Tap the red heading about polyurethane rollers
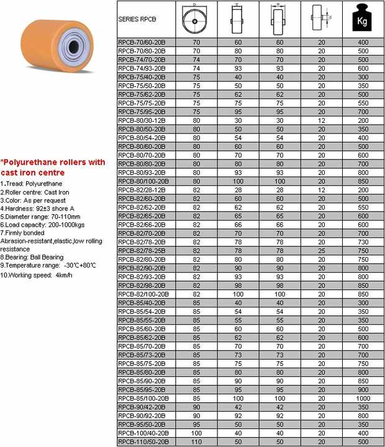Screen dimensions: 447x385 click(x=53, y=167)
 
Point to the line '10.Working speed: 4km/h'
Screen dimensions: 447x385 click(x=37, y=274)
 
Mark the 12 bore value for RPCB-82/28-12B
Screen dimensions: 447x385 click(x=321, y=189)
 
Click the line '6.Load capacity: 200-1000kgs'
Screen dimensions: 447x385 click(x=42, y=225)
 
